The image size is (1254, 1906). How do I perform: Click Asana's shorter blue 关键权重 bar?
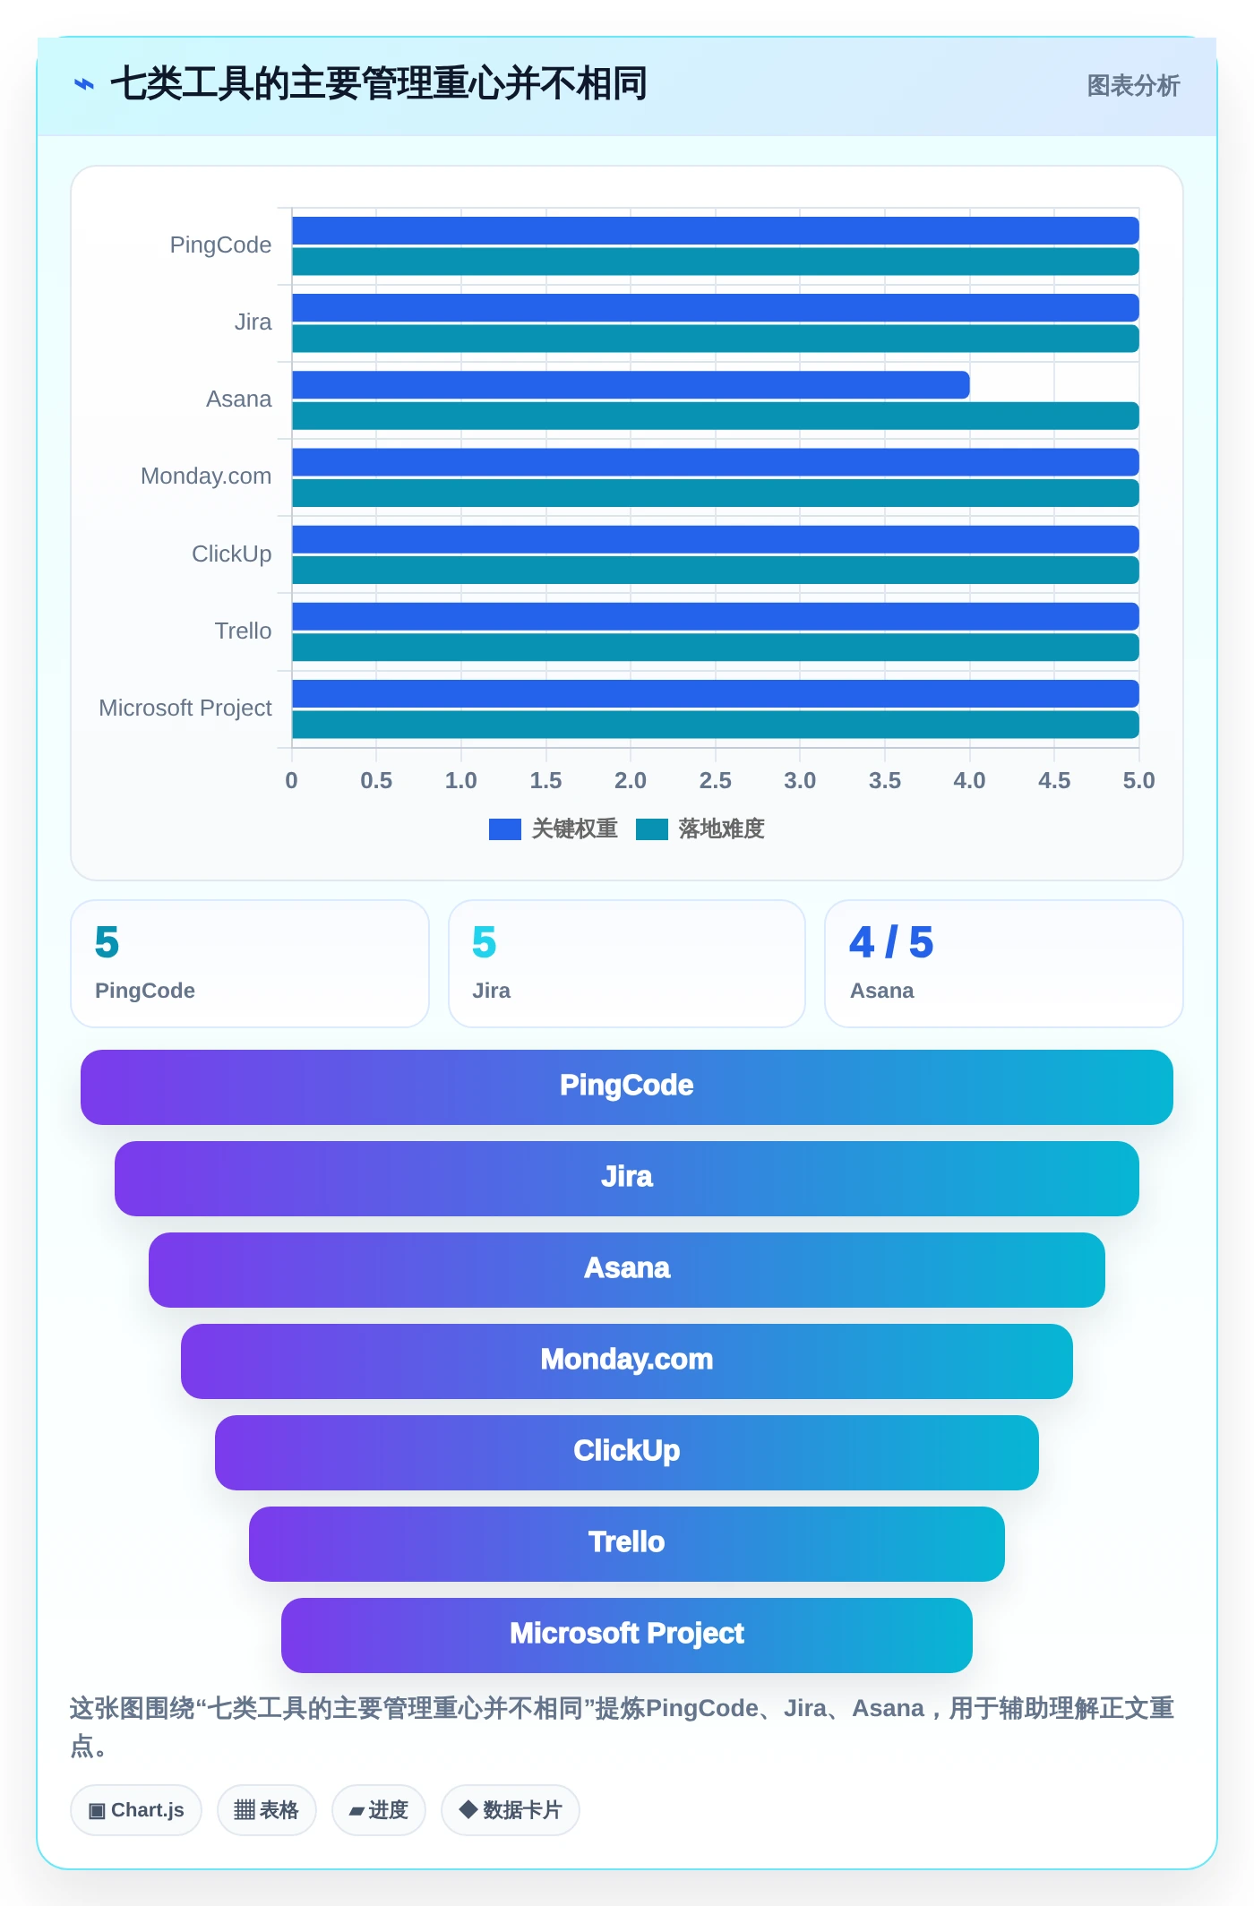click(631, 385)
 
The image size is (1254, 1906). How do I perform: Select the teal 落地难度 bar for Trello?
click(716, 648)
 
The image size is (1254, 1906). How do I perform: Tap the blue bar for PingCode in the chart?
click(716, 230)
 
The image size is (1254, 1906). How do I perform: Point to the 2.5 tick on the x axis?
click(715, 780)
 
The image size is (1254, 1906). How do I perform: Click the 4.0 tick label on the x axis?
click(969, 780)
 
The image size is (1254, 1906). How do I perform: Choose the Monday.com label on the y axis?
click(206, 476)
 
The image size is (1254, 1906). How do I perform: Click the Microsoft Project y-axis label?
click(185, 708)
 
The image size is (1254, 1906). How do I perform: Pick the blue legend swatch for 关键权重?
click(505, 829)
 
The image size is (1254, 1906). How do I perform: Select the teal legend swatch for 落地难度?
click(652, 829)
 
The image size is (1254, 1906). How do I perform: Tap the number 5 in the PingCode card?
click(107, 942)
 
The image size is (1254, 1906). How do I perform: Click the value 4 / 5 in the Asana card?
click(891, 942)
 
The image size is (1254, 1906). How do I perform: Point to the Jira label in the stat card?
click(492, 991)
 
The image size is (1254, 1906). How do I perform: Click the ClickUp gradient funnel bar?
click(627, 1453)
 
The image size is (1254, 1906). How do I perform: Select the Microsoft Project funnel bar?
click(627, 1636)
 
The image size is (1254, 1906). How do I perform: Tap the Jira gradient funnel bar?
click(627, 1179)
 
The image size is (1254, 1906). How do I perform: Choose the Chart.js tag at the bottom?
click(136, 1810)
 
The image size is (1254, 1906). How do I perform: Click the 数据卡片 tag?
click(511, 1810)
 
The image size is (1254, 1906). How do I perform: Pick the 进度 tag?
click(379, 1810)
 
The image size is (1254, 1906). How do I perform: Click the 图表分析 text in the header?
click(1133, 86)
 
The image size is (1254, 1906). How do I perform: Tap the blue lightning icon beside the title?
click(84, 85)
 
